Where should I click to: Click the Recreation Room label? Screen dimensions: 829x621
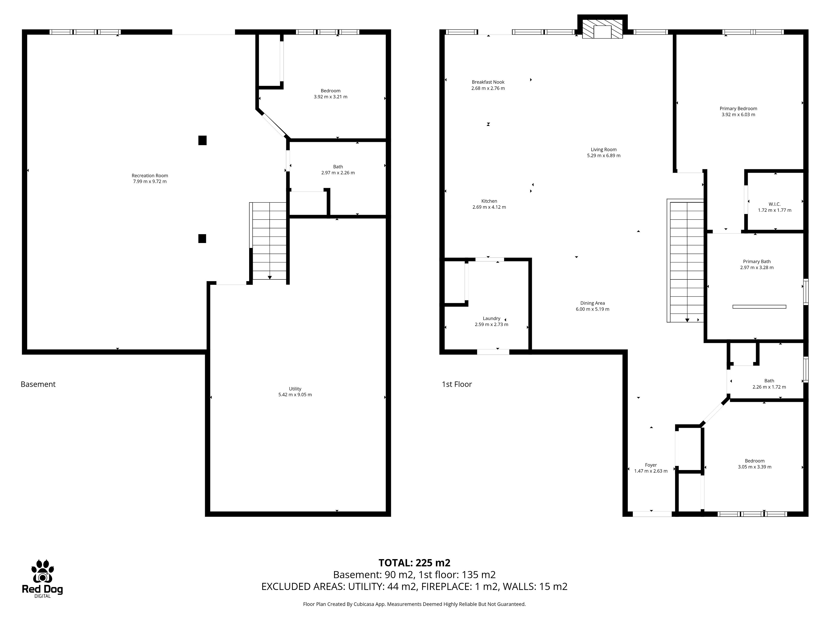150,176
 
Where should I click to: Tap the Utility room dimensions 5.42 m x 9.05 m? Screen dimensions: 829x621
295,395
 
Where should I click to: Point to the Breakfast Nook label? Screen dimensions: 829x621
488,82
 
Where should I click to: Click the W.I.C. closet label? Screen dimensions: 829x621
774,204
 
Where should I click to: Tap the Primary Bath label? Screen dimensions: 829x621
757,262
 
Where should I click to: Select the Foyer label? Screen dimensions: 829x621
651,465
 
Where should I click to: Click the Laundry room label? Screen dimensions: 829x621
491,318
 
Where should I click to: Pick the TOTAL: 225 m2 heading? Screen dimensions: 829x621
414,563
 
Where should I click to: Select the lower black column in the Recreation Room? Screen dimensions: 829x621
202,238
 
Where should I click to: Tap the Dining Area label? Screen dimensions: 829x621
593,303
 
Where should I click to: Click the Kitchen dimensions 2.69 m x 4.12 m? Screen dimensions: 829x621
489,207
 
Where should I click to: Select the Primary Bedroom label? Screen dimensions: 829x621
738,108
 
